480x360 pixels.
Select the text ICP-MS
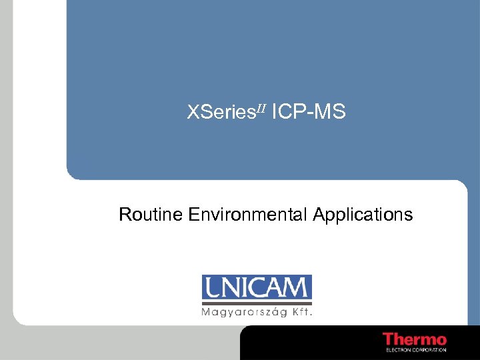pyautogui.click(x=309, y=113)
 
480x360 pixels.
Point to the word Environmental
pyautogui.click(x=247, y=215)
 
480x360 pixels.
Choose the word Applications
pyautogui.click(x=363, y=215)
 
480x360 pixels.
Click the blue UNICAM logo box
pyautogui.click(x=257, y=288)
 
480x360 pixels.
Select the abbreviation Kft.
pyautogui.click(x=302, y=311)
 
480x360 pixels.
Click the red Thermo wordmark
pyautogui.click(x=415, y=339)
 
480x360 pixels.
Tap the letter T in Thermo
pyautogui.click(x=389, y=339)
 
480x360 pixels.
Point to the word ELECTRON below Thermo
pyautogui.click(x=398, y=349)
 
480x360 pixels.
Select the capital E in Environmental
pyautogui.click(x=193, y=215)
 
